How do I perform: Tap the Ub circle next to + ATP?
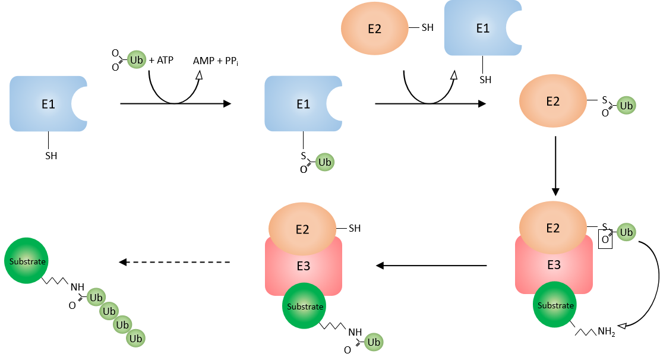click(x=137, y=60)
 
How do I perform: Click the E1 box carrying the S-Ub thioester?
click(x=303, y=104)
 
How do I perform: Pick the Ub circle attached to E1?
click(x=324, y=162)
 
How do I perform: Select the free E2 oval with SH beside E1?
click(x=374, y=29)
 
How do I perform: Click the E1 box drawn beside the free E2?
click(x=483, y=29)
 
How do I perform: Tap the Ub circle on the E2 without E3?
click(x=626, y=106)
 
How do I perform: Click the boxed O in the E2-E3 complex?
click(x=605, y=240)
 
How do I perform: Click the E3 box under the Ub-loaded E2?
click(x=554, y=264)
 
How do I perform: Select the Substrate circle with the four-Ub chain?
click(x=26, y=261)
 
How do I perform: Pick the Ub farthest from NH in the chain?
click(x=136, y=339)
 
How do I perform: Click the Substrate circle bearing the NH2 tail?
click(x=555, y=305)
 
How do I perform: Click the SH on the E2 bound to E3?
click(x=354, y=228)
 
